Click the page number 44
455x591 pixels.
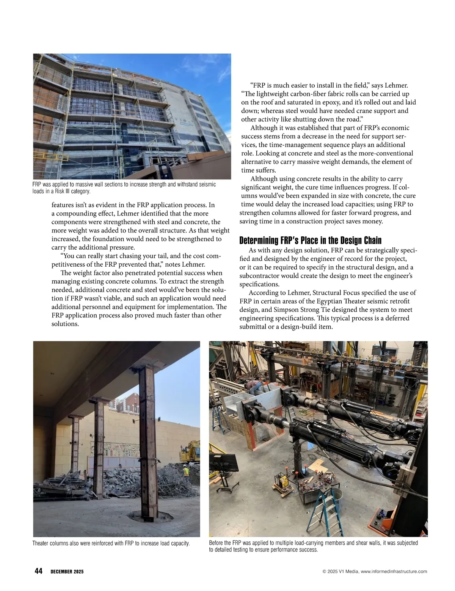(38, 571)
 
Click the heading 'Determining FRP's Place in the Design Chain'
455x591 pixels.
(310, 240)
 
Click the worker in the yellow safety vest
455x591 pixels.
(185, 472)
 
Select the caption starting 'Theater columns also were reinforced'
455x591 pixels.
(111, 543)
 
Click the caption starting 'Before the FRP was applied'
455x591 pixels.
(313, 546)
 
